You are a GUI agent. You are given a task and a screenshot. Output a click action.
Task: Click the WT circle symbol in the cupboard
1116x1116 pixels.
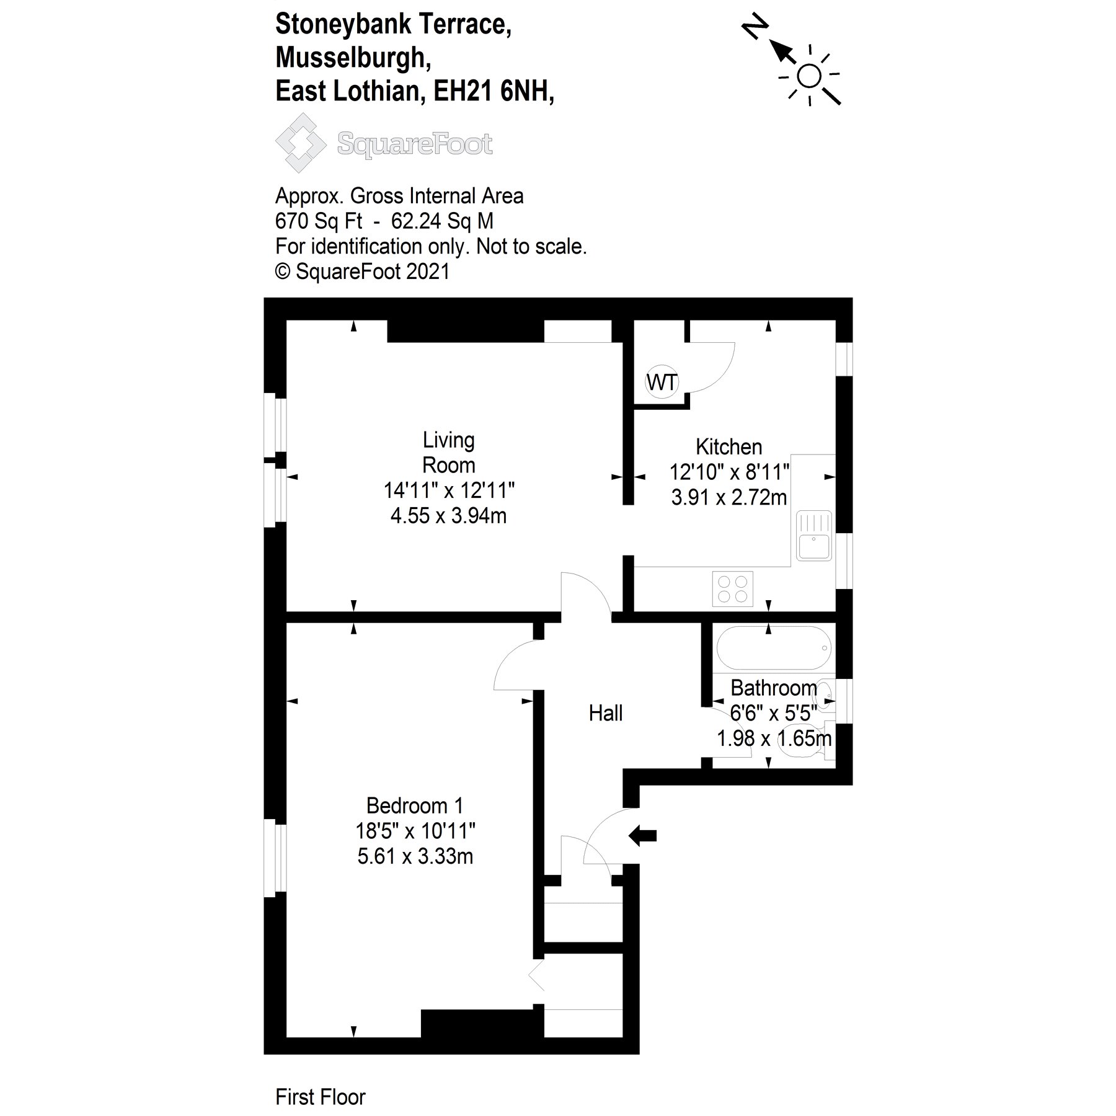pyautogui.click(x=662, y=382)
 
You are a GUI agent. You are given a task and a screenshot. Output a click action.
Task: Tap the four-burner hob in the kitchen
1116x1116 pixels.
pyautogui.click(x=733, y=588)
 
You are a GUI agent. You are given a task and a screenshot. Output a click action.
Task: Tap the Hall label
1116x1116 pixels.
pyautogui.click(x=605, y=713)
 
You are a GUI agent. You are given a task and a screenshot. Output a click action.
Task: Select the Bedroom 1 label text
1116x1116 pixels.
pyautogui.click(x=414, y=805)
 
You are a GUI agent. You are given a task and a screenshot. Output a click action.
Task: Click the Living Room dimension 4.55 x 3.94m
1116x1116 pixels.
pyautogui.click(x=448, y=515)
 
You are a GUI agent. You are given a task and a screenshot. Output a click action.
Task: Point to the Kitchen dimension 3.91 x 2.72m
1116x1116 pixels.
pyautogui.click(x=728, y=497)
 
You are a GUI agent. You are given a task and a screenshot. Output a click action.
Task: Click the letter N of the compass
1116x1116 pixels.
pyautogui.click(x=755, y=28)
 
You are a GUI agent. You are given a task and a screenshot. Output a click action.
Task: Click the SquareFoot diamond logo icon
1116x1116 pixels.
pyautogui.click(x=300, y=143)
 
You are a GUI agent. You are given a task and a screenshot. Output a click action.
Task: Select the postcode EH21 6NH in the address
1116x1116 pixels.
pyautogui.click(x=493, y=91)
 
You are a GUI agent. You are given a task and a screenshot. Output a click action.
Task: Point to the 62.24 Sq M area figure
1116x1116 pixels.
pyautogui.click(x=442, y=221)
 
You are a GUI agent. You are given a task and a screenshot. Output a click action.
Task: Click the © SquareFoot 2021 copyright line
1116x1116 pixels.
pyautogui.click(x=362, y=272)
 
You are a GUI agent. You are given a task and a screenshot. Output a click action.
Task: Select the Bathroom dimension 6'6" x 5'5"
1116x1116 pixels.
pyautogui.click(x=773, y=713)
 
